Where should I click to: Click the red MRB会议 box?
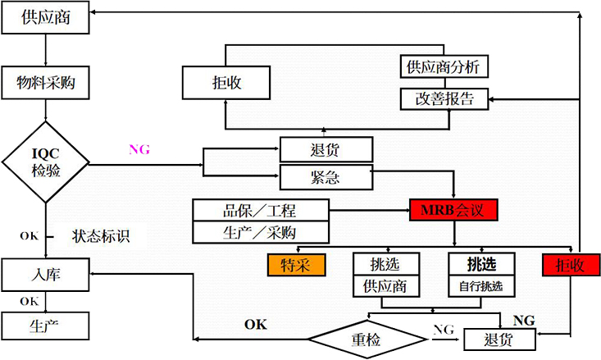click(x=453, y=210)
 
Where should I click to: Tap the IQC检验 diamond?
click(x=46, y=161)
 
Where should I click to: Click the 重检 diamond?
click(x=367, y=337)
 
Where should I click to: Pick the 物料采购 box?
click(x=46, y=82)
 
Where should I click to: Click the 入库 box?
click(x=46, y=275)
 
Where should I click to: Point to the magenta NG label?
click(x=140, y=149)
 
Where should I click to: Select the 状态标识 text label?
click(x=100, y=237)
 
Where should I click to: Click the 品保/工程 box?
click(x=261, y=210)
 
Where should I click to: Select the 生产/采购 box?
click(x=261, y=233)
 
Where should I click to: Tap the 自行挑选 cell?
click(x=480, y=286)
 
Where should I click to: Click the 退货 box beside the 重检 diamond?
click(x=499, y=338)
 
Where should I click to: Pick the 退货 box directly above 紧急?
click(x=326, y=149)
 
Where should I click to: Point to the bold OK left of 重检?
click(x=256, y=325)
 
